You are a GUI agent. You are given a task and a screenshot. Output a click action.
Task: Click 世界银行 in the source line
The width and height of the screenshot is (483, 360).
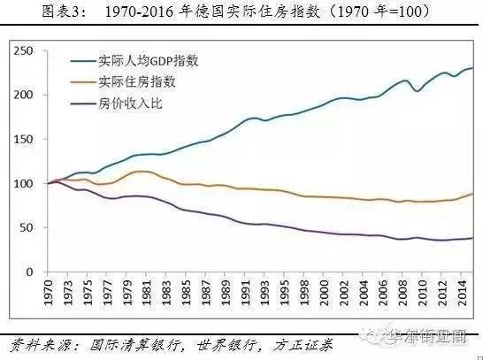pos(220,341)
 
